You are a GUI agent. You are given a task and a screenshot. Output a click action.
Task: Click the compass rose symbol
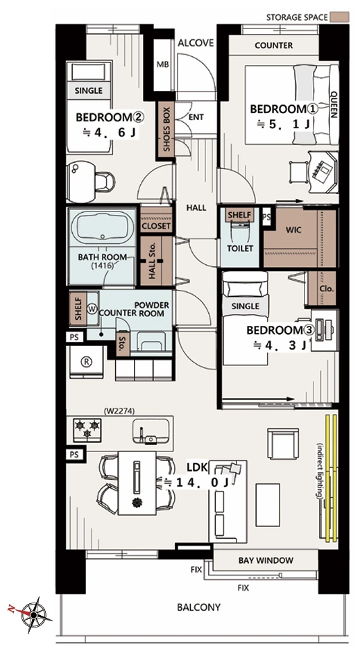pyautogui.click(x=33, y=614)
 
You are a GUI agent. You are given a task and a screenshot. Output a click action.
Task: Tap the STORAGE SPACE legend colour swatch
pyautogui.click(x=340, y=17)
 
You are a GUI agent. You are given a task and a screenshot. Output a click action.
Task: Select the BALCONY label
pyautogui.click(x=199, y=607)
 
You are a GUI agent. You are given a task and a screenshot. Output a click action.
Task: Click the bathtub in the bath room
pyautogui.click(x=103, y=227)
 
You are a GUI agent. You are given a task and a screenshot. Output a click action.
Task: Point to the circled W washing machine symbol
pyautogui.click(x=92, y=309)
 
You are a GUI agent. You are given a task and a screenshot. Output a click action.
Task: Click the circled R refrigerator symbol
pyautogui.click(x=87, y=361)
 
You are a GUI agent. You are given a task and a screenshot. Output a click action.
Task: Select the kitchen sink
pyautogui.click(x=151, y=431)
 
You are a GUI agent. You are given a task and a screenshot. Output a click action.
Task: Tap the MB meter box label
pyautogui.click(x=162, y=64)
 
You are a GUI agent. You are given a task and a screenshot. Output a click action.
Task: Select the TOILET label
pyautogui.click(x=240, y=248)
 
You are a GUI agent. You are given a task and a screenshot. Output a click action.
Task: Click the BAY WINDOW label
pyautogui.click(x=266, y=561)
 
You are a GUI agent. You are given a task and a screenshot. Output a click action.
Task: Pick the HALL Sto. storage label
pyautogui.click(x=152, y=261)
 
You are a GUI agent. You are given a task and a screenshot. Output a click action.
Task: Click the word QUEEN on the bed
pyautogui.click(x=334, y=104)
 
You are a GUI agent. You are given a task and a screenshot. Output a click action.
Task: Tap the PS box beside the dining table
pyautogui.click(x=74, y=454)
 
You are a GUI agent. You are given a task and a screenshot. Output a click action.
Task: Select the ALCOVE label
pyautogui.click(x=196, y=42)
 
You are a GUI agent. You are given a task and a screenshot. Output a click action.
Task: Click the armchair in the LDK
pyautogui.click(x=283, y=443)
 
